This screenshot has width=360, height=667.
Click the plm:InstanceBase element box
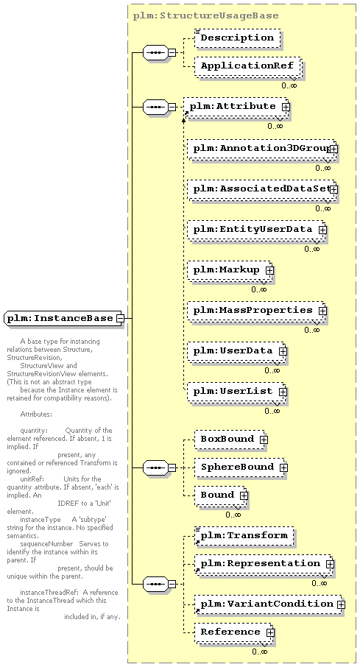[64, 318]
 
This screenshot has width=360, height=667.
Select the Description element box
[238, 38]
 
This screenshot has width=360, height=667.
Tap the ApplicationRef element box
[247, 66]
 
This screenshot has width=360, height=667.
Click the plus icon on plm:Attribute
[286, 107]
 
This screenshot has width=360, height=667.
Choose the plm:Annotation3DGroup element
[261, 149]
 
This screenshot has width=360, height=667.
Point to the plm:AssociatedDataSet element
[261, 189]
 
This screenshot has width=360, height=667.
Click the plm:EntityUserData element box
[256, 230]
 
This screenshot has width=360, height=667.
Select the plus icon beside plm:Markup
[269, 270]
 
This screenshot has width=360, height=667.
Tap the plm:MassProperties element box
[256, 311]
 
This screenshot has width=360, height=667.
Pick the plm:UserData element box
[236, 351]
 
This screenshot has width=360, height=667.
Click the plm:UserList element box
[236, 392]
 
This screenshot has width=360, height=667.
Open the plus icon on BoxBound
[264, 440]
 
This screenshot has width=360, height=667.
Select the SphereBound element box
[240, 467]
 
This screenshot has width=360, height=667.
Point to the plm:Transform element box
[244, 536]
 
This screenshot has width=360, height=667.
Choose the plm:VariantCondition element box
[269, 604]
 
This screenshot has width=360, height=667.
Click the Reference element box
[233, 632]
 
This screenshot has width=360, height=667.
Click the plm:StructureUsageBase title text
[206, 15]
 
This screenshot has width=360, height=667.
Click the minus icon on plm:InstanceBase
[121, 318]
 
